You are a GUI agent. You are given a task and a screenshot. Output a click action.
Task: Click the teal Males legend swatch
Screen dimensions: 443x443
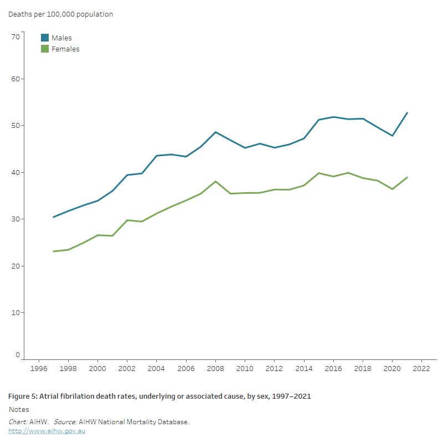tap(45, 38)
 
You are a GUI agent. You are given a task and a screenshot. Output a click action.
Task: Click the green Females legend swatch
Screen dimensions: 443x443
tap(45, 49)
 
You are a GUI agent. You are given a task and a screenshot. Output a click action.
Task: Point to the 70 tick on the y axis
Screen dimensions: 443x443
tap(16, 37)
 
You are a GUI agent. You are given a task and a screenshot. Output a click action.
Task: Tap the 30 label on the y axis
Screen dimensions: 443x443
tap(16, 219)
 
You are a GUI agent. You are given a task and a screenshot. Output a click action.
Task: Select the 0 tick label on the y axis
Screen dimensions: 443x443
tap(18, 355)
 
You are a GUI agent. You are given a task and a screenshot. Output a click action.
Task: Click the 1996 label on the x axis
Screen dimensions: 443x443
tap(39, 368)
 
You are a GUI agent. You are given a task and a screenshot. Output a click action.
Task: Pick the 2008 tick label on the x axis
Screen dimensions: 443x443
tap(215, 368)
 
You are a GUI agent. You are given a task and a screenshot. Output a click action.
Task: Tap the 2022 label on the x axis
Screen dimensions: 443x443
tap(421, 368)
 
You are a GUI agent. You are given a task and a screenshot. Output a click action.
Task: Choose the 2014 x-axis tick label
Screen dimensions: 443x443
tap(304, 368)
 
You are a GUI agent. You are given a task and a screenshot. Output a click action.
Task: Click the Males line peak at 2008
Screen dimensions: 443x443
tap(215, 132)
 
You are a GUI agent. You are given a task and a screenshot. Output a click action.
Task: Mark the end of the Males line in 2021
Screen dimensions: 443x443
tap(407, 113)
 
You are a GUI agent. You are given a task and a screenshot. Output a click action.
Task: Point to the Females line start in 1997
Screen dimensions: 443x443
tap(54, 251)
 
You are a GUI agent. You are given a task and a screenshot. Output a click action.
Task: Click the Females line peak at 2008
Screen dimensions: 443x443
tap(215, 181)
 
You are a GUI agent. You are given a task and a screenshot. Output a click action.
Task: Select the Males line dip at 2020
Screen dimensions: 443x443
tap(392, 136)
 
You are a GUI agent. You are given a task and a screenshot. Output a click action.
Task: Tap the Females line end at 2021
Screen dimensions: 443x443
tap(407, 177)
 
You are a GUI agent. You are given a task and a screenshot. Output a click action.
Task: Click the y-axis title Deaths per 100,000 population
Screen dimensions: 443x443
tap(60, 14)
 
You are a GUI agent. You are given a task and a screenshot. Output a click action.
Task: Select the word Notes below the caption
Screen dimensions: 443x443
tap(19, 410)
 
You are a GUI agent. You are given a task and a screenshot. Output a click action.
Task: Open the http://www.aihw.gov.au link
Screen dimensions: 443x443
tap(47, 431)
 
